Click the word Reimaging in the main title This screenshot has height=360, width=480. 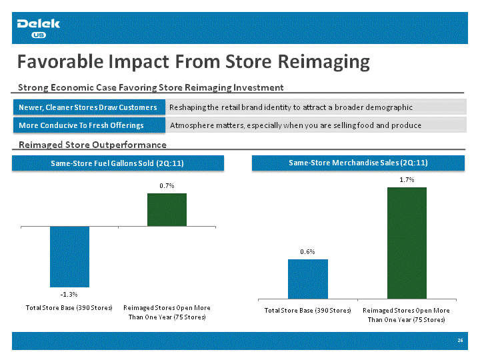[x=323, y=63]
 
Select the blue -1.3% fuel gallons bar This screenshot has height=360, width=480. [x=69, y=257]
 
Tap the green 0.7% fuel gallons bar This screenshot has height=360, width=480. [x=167, y=210]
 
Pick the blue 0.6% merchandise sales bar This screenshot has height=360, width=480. [x=308, y=279]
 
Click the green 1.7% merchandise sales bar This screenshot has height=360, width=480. [x=407, y=243]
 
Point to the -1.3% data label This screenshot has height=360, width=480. [x=69, y=295]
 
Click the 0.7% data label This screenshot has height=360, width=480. [x=167, y=186]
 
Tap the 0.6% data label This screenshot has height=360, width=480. [x=307, y=251]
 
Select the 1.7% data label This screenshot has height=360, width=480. [x=407, y=180]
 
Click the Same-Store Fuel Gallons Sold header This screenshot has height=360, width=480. [x=118, y=163]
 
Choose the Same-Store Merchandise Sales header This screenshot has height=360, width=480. [x=358, y=163]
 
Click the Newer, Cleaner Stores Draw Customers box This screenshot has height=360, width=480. [x=89, y=107]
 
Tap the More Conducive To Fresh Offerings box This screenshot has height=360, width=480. [x=89, y=125]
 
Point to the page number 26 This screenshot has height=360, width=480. [x=460, y=341]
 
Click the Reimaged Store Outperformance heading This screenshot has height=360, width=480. [x=93, y=145]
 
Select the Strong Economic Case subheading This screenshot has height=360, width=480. [x=151, y=87]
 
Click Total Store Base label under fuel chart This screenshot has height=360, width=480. [x=69, y=307]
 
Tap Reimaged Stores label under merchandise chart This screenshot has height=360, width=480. [x=406, y=315]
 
